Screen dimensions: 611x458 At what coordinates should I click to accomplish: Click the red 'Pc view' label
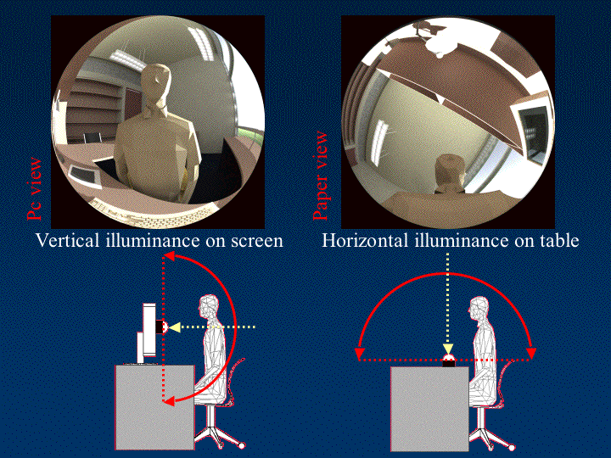(x=34, y=188)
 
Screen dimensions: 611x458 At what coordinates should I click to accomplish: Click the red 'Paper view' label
(x=321, y=176)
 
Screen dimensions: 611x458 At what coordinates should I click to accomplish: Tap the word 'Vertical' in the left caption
(x=67, y=240)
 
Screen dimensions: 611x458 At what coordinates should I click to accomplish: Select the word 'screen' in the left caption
(x=257, y=241)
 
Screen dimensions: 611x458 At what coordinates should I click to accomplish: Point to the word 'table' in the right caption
(x=559, y=240)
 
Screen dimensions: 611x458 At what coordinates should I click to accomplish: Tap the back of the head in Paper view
(x=449, y=171)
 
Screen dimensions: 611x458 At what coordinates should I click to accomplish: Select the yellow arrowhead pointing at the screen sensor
(x=174, y=327)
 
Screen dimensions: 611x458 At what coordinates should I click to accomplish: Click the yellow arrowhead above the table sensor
(x=448, y=349)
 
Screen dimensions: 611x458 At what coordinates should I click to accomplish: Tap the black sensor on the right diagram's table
(x=448, y=363)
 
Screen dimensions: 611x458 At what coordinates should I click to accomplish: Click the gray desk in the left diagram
(x=154, y=407)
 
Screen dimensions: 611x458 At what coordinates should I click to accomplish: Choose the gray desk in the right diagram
(x=429, y=409)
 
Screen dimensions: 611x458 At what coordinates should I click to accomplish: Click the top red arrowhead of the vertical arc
(x=168, y=256)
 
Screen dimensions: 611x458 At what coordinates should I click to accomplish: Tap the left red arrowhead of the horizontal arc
(x=360, y=353)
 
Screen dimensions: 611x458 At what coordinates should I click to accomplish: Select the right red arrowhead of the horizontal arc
(x=531, y=353)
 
